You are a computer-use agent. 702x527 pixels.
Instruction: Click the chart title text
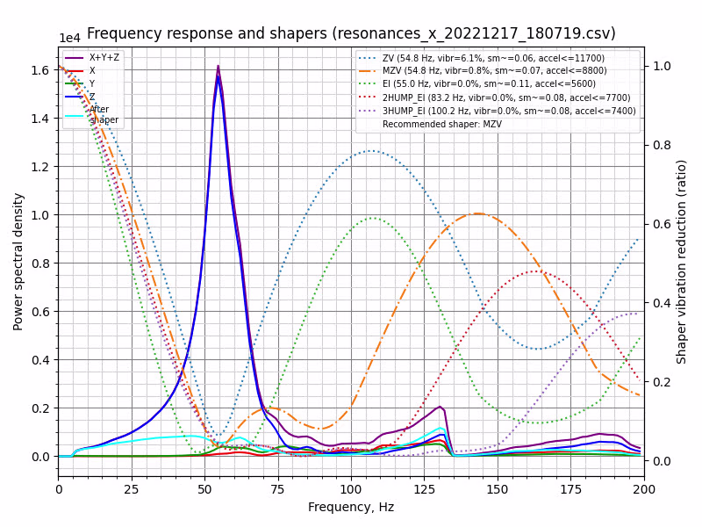click(x=351, y=33)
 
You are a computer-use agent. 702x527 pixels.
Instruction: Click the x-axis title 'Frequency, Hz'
click(x=351, y=508)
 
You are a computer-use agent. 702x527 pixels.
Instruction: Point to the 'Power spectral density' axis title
click(x=18, y=261)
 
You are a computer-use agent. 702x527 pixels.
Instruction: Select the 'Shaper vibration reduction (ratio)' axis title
click(x=682, y=261)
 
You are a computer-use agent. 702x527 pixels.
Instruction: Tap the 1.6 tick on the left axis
click(x=41, y=70)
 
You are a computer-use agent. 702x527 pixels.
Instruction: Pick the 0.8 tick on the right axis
click(x=659, y=145)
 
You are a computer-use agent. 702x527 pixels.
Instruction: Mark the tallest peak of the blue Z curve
click(x=218, y=76)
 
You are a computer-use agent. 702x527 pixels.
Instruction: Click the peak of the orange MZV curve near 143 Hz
click(x=477, y=213)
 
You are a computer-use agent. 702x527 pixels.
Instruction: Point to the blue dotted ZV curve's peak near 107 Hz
click(x=372, y=151)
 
